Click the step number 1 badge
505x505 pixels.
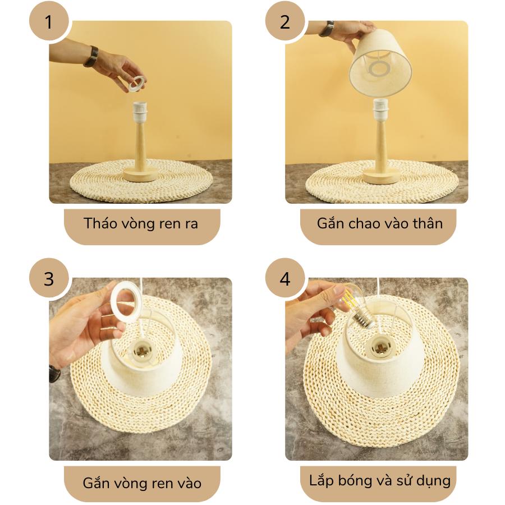(49, 22)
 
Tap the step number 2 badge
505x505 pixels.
(285, 22)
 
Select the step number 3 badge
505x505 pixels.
(49, 278)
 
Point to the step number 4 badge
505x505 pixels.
(285, 278)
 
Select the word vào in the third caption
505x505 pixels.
(189, 483)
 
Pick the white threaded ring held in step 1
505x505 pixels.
(135, 84)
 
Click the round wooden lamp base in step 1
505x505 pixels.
(140, 175)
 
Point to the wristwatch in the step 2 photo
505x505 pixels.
(327, 29)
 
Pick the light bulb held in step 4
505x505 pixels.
(357, 306)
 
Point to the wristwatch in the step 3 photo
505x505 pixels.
(54, 374)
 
